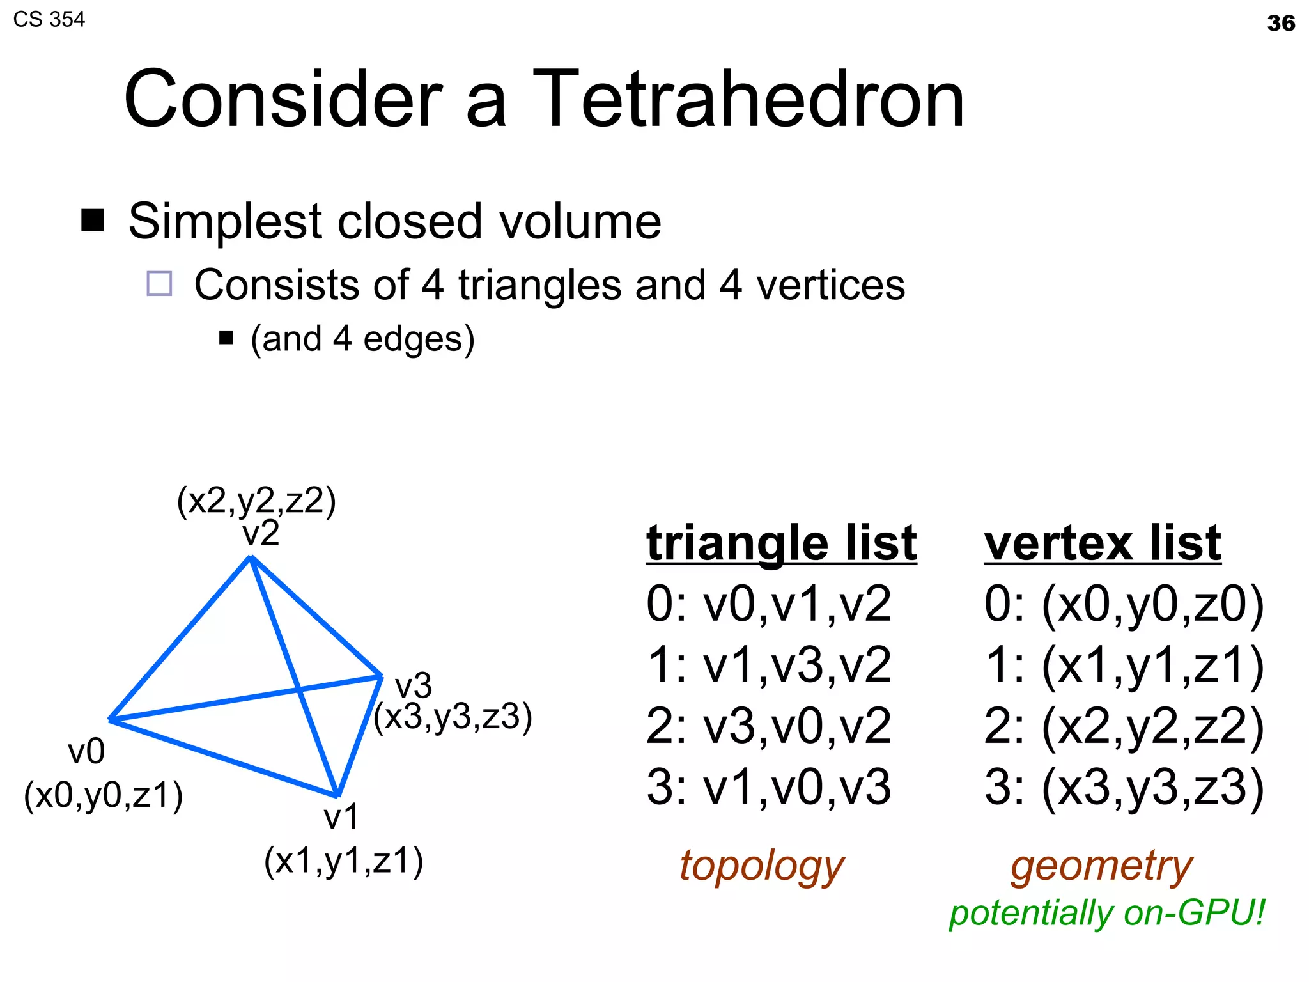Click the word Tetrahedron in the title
(748, 99)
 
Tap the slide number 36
(1280, 24)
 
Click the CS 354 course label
(49, 19)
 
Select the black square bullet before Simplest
(93, 220)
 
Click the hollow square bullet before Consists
(159, 283)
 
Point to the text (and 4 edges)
(362, 339)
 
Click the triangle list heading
(781, 543)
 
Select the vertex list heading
(1102, 543)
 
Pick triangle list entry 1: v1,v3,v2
(768, 665)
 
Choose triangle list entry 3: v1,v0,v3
(768, 787)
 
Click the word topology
(761, 866)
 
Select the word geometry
(1101, 866)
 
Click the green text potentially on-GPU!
(1106, 913)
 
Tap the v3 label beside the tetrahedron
(414, 686)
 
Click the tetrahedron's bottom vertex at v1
(337, 795)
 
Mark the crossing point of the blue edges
(298, 689)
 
